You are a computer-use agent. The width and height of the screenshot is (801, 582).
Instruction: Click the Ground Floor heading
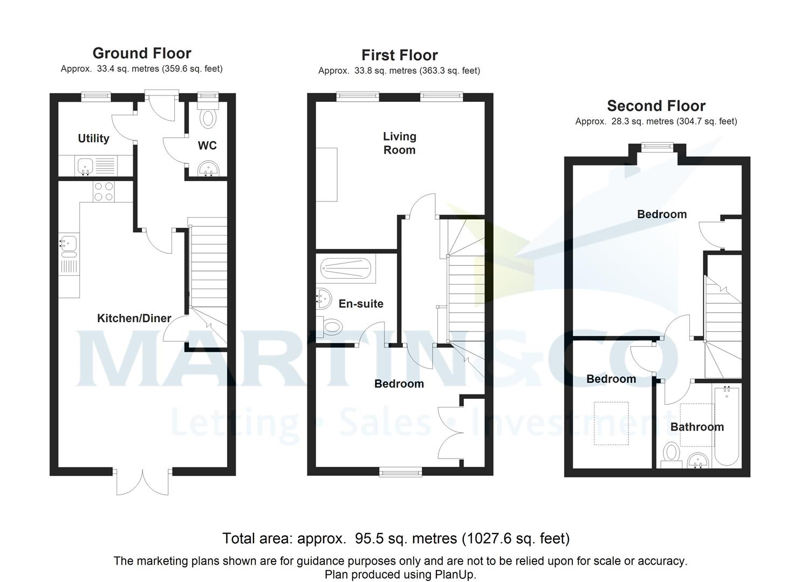(142, 53)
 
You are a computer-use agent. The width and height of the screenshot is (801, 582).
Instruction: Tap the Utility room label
(93, 138)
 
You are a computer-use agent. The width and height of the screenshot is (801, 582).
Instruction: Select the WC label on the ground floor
(207, 145)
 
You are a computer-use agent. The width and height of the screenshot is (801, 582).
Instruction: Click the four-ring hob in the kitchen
(104, 191)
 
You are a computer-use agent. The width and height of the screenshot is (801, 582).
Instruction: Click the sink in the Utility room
(85, 165)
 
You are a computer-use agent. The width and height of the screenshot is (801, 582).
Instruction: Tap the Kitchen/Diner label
(134, 318)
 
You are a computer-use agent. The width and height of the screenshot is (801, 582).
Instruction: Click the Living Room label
(399, 143)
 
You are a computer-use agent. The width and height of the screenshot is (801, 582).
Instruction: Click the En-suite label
(361, 304)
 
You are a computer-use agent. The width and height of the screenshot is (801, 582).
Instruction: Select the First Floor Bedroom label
(399, 384)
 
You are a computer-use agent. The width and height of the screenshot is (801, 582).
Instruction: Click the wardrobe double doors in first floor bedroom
(451, 432)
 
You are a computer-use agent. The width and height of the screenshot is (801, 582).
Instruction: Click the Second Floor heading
(656, 106)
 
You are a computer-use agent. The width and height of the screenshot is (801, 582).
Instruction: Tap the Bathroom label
(697, 427)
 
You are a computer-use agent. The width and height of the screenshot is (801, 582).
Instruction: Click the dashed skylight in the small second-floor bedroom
(611, 423)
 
